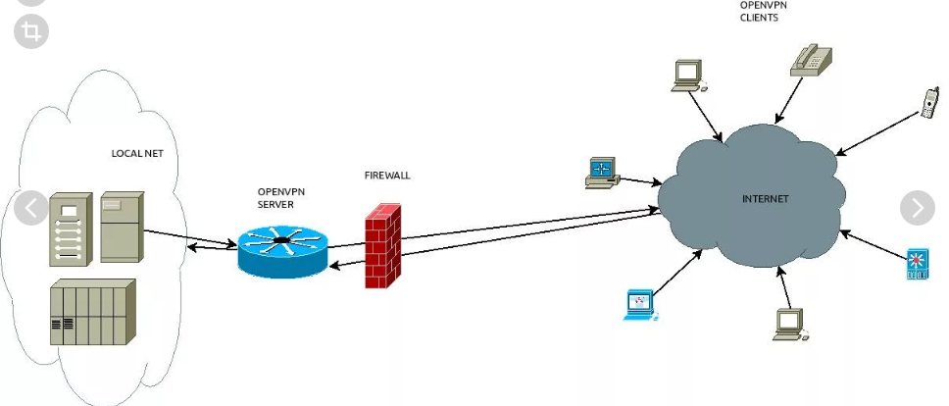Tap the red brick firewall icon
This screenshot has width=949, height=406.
click(383, 246)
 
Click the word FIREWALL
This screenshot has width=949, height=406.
click(387, 176)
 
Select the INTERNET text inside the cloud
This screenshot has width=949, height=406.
click(765, 199)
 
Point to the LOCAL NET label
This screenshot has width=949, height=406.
click(138, 153)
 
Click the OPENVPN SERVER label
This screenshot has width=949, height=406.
click(277, 198)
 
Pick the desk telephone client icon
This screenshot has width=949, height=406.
click(812, 59)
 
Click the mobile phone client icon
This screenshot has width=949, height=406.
click(928, 103)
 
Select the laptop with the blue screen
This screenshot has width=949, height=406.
click(639, 305)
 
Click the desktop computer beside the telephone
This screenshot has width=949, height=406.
click(688, 76)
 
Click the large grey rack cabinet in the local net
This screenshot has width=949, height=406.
click(92, 311)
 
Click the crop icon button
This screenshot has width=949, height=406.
click(30, 31)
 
